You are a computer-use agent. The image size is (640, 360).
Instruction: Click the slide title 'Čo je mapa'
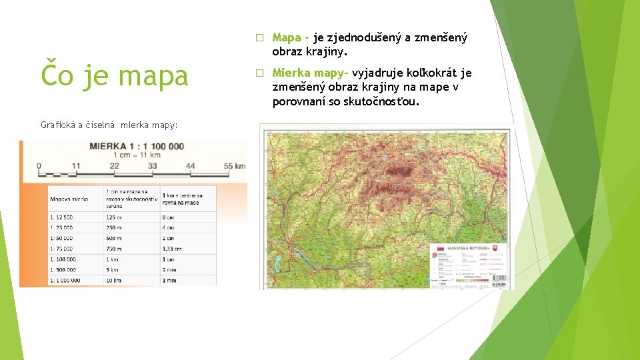point(114,75)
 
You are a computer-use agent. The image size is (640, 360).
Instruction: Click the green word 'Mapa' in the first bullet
point(287,38)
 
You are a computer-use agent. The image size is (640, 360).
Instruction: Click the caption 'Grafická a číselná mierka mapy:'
point(109,125)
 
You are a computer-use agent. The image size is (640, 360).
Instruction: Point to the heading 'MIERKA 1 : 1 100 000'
point(137,146)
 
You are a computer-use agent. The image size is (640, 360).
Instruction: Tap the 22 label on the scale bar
point(114,165)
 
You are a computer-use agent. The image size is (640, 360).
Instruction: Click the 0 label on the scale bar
point(38,165)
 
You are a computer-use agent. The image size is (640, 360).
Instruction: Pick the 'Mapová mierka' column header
point(69,199)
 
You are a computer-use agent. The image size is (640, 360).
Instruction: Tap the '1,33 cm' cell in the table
point(173,248)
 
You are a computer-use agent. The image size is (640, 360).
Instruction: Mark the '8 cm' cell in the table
point(168,217)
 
